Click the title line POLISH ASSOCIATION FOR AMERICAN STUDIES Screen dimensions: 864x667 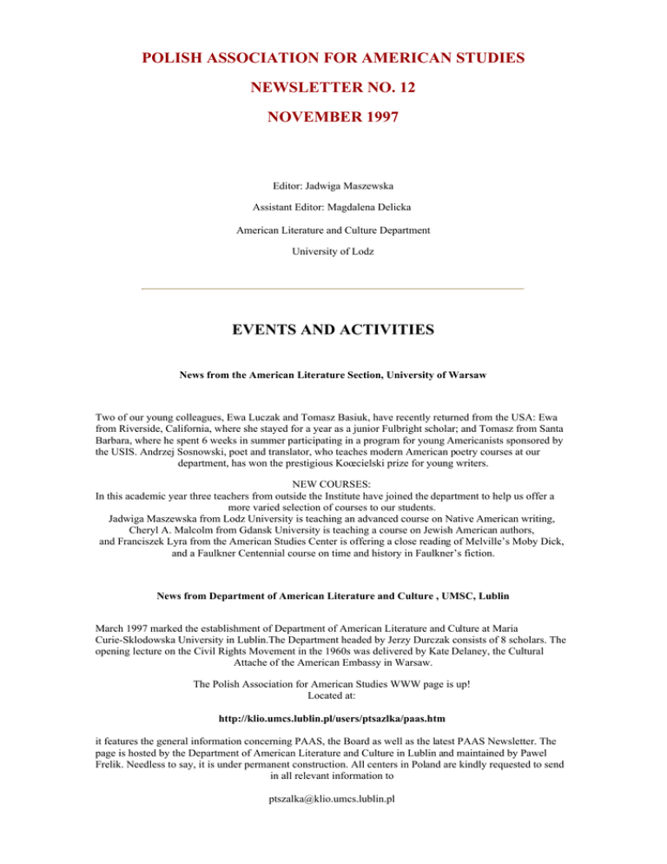pyautogui.click(x=333, y=58)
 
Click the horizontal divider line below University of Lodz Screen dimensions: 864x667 pyautogui.click(x=333, y=288)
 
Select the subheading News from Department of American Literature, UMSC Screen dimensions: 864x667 pyautogui.click(x=333, y=595)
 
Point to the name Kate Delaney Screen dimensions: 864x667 pyautogui.click(x=451, y=664)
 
